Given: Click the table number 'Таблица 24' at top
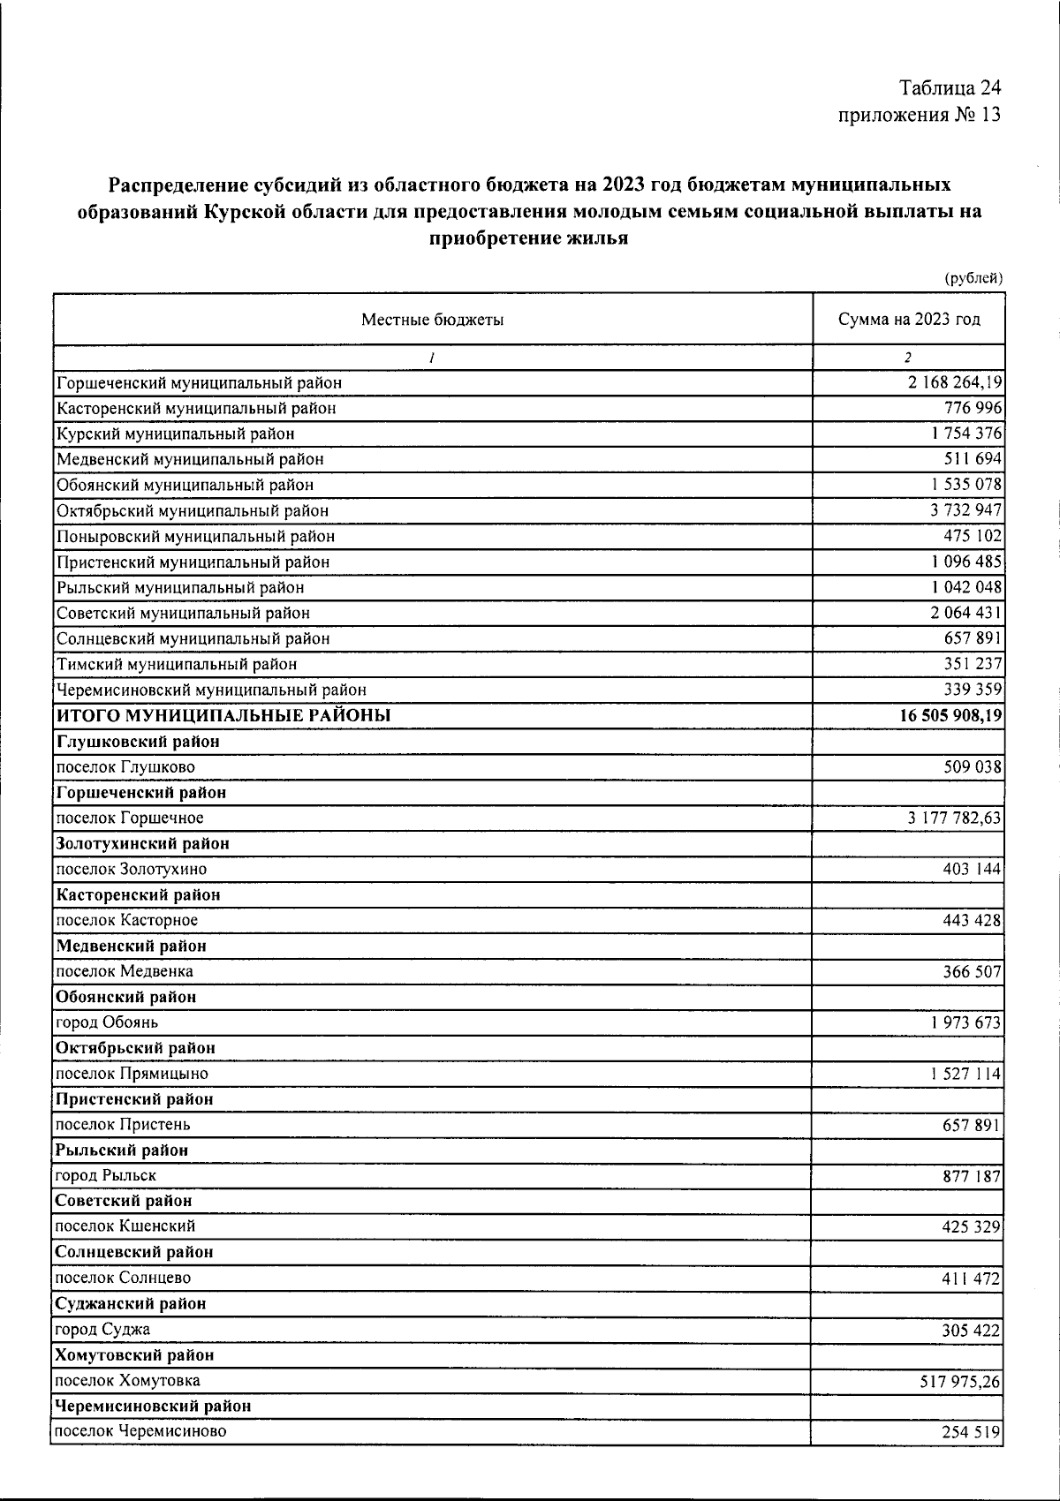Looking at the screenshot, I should [x=950, y=88].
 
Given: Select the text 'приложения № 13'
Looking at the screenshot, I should [x=919, y=115].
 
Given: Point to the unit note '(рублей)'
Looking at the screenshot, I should [x=973, y=279].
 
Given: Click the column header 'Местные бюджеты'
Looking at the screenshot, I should [x=432, y=320].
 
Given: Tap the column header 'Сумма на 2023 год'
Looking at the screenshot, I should [x=909, y=320].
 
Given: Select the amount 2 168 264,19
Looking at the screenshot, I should [x=951, y=383].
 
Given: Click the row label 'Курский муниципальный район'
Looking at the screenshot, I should [x=176, y=434].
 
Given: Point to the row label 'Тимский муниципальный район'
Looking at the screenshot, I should [x=177, y=664].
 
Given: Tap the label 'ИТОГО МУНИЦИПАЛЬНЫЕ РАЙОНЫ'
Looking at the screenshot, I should [x=223, y=715].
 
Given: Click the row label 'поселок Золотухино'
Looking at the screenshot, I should [x=131, y=869].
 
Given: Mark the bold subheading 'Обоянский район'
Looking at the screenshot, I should [x=125, y=997].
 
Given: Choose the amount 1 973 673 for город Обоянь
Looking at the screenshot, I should [x=965, y=1022].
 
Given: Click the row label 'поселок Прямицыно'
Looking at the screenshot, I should [x=132, y=1074].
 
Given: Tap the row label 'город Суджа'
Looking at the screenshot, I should [x=102, y=1329].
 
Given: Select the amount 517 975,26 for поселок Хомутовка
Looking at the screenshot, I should [x=959, y=1381].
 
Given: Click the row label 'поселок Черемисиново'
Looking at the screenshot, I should [x=140, y=1431].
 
